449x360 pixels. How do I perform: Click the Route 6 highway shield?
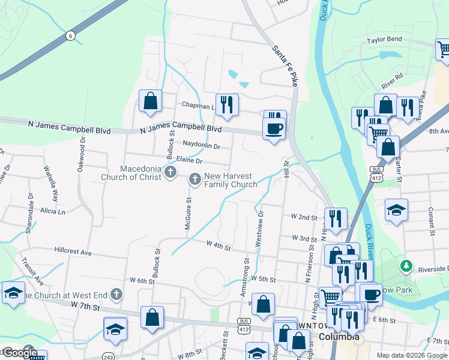click(x=71, y=36)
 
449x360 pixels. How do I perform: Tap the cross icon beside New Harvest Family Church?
click(x=195, y=179)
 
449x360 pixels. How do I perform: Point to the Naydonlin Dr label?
click(x=202, y=145)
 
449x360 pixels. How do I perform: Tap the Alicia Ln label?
click(x=52, y=212)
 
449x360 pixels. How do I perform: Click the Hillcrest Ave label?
click(x=73, y=253)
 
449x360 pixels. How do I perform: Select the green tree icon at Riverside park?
click(x=407, y=265)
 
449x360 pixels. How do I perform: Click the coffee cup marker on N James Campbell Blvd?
click(x=274, y=128)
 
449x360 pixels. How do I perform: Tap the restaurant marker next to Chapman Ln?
click(x=227, y=105)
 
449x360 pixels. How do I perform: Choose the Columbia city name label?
click(x=339, y=337)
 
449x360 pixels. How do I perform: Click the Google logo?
click(x=19, y=353)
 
